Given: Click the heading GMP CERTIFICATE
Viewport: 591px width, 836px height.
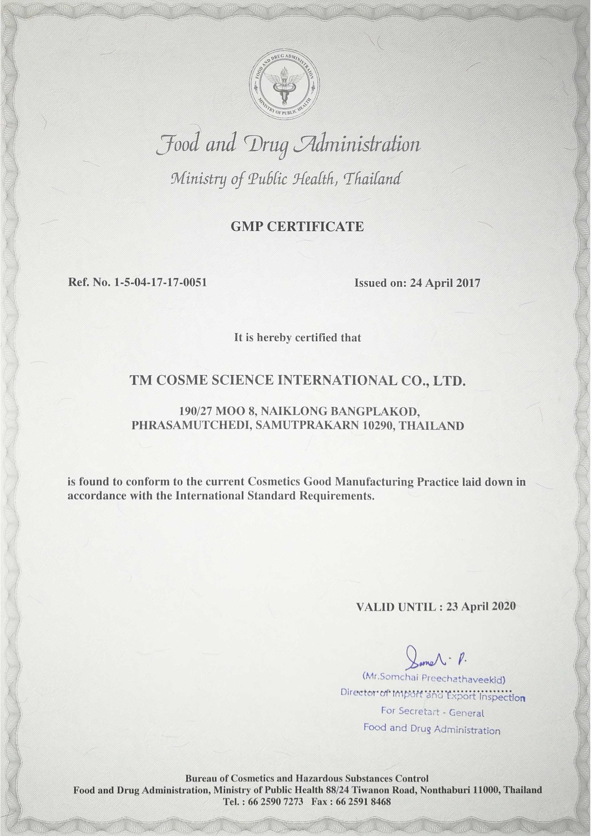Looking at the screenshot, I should (x=297, y=227).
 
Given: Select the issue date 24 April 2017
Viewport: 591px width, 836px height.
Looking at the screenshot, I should (x=445, y=283).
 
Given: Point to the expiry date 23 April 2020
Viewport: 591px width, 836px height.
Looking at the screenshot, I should (x=481, y=607).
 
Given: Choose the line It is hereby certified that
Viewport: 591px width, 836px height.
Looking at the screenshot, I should (x=297, y=337).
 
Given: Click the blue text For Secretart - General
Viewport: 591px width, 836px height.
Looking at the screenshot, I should (x=432, y=712).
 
